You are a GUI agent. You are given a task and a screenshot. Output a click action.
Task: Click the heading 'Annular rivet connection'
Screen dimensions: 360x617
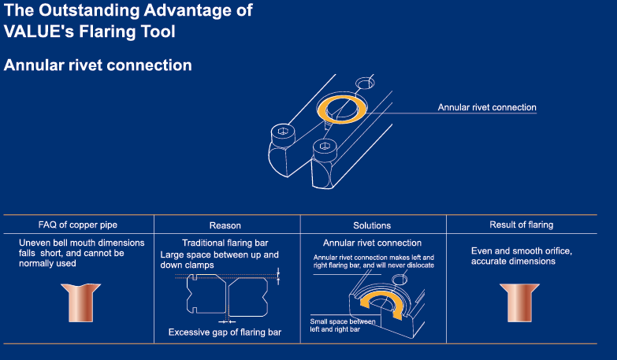[x=98, y=65]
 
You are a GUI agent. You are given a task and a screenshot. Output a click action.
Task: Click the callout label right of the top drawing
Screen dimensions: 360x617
[x=487, y=108]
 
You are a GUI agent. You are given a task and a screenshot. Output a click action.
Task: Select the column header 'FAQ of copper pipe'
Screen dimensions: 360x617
[x=78, y=225]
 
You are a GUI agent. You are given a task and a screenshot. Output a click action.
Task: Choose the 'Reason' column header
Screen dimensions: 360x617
[x=225, y=225]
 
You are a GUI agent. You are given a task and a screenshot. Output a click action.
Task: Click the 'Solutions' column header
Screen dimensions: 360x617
[x=373, y=225]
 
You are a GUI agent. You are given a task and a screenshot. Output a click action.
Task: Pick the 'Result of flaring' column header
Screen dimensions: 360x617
[x=522, y=225]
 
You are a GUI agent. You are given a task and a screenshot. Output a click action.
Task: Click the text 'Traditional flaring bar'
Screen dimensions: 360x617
[x=225, y=243]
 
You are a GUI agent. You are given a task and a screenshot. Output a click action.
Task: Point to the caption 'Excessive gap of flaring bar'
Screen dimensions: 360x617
[x=225, y=332]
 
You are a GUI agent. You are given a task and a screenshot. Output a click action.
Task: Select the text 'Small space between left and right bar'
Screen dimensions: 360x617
[x=345, y=325]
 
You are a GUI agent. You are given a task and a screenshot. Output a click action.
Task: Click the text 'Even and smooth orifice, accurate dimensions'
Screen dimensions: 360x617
[x=521, y=255]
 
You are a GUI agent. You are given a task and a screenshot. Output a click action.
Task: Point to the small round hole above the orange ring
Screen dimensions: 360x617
[x=366, y=83]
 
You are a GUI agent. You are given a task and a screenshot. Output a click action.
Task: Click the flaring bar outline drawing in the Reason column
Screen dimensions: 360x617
[x=225, y=296]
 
